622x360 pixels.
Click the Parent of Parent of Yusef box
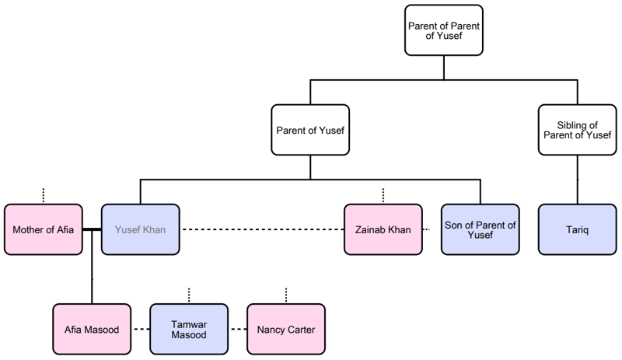[x=444, y=30]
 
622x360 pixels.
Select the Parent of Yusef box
[x=310, y=130]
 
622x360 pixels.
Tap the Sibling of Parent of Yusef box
[x=577, y=130]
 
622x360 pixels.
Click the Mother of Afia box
[x=44, y=229]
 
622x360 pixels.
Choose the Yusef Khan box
[x=141, y=229]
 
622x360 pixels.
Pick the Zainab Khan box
[x=383, y=229]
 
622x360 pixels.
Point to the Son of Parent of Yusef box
[x=480, y=229]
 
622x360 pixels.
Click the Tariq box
[x=577, y=229]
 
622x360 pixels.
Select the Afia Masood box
[x=92, y=329]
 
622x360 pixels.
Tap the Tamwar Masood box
[x=189, y=329]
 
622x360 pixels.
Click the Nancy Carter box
[x=286, y=329]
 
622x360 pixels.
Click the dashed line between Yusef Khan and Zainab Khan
[x=262, y=229]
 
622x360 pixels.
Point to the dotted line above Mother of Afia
[x=44, y=195]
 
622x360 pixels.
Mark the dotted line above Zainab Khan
[x=383, y=195]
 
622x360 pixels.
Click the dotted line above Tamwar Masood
[x=189, y=295]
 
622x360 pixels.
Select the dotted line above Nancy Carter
[x=286, y=295]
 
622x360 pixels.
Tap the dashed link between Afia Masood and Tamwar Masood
[x=141, y=329]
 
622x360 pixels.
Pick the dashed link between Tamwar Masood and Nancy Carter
[x=238, y=329]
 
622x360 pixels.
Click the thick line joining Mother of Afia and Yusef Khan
[x=92, y=229]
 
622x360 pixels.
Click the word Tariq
[x=577, y=229]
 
